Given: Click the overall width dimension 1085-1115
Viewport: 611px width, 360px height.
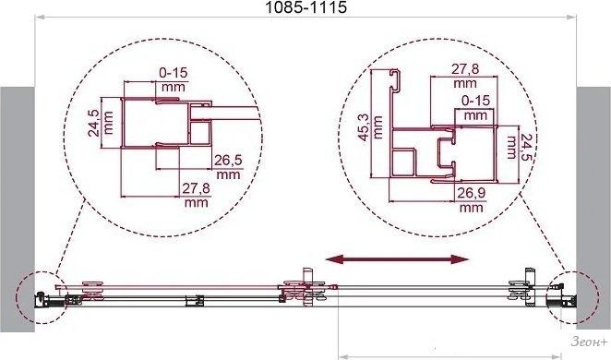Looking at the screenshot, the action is tap(305, 7).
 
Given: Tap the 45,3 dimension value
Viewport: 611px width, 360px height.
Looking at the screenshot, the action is tap(364, 127).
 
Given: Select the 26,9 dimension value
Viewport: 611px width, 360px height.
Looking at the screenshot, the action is tap(471, 193).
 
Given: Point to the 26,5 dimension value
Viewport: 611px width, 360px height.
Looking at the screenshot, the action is tap(228, 160).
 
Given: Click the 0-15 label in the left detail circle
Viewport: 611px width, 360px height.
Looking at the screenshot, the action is tap(174, 73).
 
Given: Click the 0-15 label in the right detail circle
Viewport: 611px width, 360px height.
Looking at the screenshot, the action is tap(475, 101).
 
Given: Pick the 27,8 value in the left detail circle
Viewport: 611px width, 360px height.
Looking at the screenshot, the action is tap(196, 188).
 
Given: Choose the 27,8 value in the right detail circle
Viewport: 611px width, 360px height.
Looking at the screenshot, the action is tap(465, 69).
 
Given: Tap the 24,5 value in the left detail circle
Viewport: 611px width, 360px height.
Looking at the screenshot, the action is tap(93, 123).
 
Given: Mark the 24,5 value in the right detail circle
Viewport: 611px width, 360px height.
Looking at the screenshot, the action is tap(527, 147).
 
